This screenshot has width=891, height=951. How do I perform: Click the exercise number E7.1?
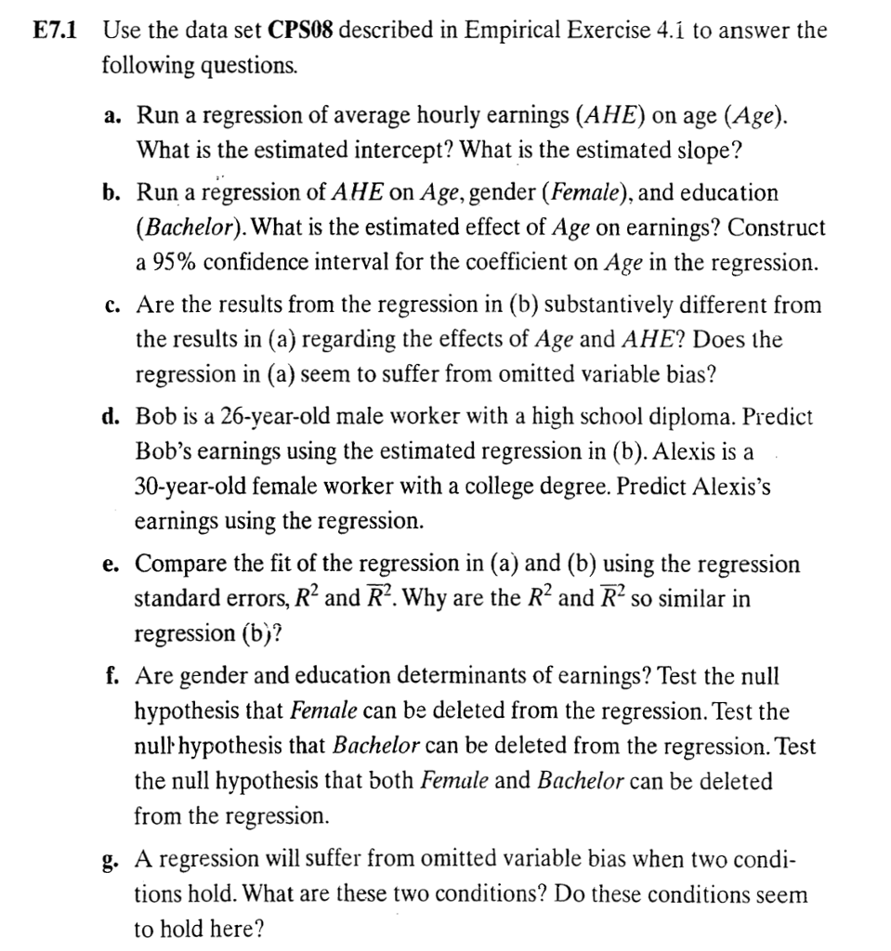coord(55,30)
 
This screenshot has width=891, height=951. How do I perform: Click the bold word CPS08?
coord(303,30)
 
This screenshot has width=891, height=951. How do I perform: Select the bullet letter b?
coord(113,193)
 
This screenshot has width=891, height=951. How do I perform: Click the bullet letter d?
coord(113,416)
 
